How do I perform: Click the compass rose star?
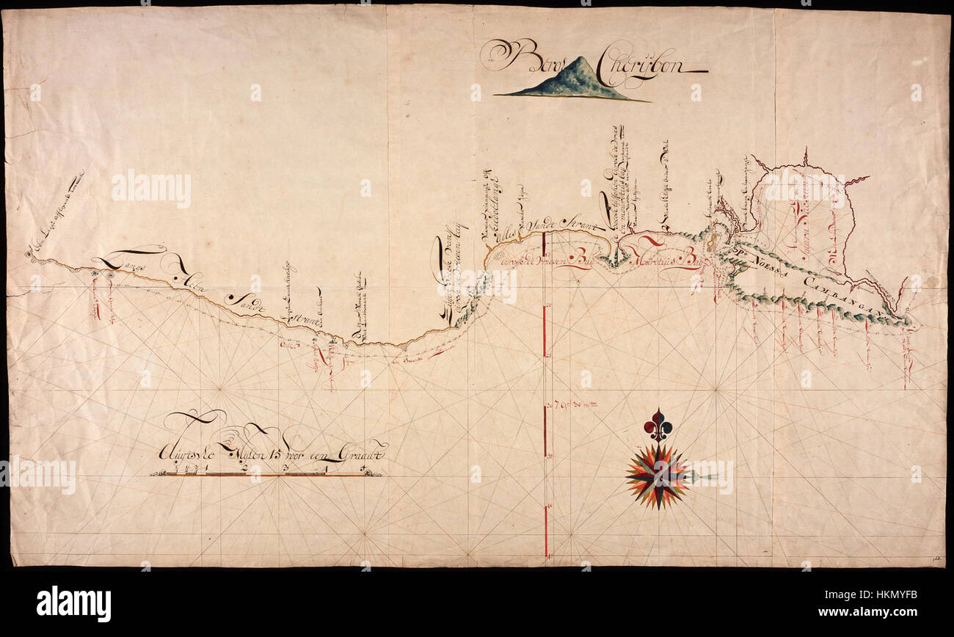658,476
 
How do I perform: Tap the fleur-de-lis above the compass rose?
658,425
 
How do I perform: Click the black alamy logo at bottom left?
73,603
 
